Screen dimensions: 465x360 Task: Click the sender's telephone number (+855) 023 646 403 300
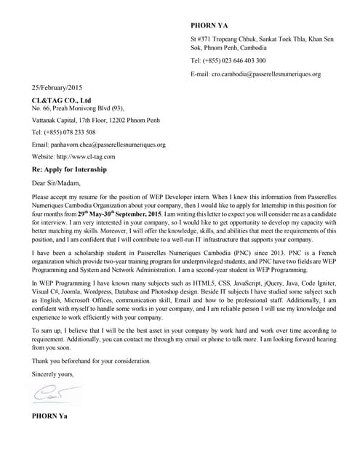click(228, 61)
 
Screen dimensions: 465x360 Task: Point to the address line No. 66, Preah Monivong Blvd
click(73, 109)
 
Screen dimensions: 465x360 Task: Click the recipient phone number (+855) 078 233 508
click(63, 132)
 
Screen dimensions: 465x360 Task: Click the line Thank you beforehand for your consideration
click(92, 361)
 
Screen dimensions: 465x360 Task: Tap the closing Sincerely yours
click(52, 374)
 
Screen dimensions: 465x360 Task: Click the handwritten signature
click(51, 395)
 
